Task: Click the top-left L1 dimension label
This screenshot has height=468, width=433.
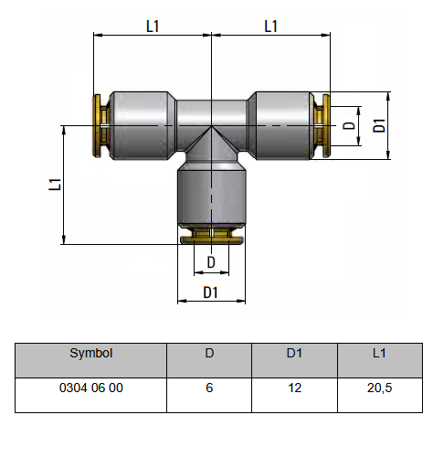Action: point(153,27)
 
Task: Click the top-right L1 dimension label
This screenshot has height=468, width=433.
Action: point(270,27)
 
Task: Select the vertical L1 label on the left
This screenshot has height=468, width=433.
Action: point(55,185)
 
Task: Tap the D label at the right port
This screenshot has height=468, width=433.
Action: point(349,125)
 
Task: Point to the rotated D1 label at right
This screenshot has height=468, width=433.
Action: point(379,125)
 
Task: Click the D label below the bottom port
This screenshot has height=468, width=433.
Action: point(211,262)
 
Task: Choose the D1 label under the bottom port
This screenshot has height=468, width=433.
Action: point(211,292)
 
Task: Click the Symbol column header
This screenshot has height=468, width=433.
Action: point(91,353)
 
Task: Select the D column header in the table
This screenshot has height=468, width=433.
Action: point(209,353)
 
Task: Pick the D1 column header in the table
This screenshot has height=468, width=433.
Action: point(294,353)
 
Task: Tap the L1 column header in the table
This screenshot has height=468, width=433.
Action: point(379,353)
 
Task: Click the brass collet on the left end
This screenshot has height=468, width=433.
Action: point(101,125)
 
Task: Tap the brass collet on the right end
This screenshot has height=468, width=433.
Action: point(322,125)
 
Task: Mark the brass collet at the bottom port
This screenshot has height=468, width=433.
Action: point(212,237)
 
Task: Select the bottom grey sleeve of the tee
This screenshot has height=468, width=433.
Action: point(212,194)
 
